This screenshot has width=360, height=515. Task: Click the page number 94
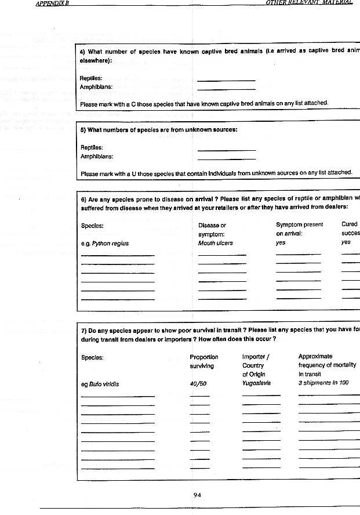pos(197,495)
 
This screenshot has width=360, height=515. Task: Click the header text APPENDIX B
pos(50,3)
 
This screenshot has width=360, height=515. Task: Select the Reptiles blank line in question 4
pos(226,80)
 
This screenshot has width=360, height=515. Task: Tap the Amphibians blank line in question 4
pos(226,89)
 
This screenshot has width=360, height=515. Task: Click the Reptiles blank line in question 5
pos(226,150)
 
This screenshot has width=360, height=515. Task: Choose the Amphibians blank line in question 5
pos(226,159)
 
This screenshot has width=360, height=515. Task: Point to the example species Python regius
pos(104,243)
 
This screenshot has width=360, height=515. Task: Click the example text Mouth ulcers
pos(215,243)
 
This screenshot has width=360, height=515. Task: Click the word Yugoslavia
pos(256,383)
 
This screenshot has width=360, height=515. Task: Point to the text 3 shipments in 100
pos(323,384)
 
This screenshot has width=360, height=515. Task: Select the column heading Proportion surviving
pos(203,361)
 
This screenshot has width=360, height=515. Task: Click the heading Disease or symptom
pos(212,229)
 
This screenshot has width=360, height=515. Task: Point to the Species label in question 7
pos(92,357)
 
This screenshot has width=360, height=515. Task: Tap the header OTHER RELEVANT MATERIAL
pos(308,3)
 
